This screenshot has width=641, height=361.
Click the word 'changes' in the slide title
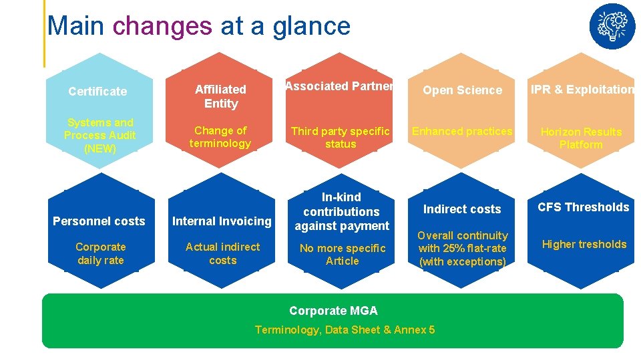pyautogui.click(x=162, y=26)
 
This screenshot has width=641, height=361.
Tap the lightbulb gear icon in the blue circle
pyautogui.click(x=612, y=27)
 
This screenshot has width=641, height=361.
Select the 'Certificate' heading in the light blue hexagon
pyautogui.click(x=97, y=91)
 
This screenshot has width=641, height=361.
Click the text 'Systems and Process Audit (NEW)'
pyautogui.click(x=100, y=135)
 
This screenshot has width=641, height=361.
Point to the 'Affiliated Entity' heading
pyautogui.click(x=220, y=96)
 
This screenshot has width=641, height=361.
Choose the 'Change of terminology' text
pyautogui.click(x=220, y=137)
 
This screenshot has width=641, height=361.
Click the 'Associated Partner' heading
pyautogui.click(x=339, y=86)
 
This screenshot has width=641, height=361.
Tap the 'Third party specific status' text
pyautogui.click(x=341, y=138)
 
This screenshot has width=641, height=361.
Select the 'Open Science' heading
pyautogui.click(x=462, y=90)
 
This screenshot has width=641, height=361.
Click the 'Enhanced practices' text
pyautogui.click(x=462, y=132)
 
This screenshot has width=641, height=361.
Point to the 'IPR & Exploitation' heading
pyautogui.click(x=582, y=90)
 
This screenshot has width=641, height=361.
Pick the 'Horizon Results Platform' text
pyautogui.click(x=581, y=138)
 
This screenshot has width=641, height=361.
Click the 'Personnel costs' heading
pyautogui.click(x=99, y=221)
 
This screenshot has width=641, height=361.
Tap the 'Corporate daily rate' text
pyautogui.click(x=101, y=253)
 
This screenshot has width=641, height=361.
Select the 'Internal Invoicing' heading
pyautogui.click(x=222, y=221)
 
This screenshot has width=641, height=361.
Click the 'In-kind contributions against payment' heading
pyautogui.click(x=341, y=211)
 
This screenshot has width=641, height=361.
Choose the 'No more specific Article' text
pyautogui.click(x=343, y=255)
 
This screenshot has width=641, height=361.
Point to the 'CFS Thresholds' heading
pyautogui.click(x=584, y=207)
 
